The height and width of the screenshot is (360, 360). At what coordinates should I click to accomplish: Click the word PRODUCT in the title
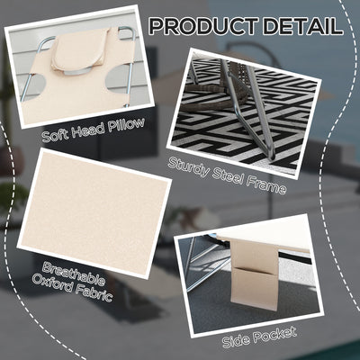[x=203, y=26]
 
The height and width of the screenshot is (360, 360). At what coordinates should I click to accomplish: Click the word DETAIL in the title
[x=303, y=26]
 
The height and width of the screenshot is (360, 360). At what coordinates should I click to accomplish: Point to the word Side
[x=235, y=340]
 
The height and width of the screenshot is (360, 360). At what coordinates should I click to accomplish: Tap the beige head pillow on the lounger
[x=80, y=51]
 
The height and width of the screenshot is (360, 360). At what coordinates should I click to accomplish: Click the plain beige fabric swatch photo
[x=94, y=213]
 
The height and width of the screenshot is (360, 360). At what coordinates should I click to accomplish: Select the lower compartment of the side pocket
[x=255, y=289]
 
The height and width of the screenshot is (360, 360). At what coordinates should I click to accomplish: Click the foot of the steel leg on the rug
[x=272, y=156]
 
